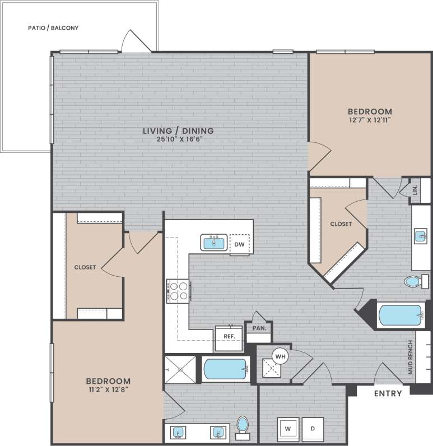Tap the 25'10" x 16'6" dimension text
178,140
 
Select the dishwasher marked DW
239,244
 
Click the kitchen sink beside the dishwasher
213,243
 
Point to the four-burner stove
179,291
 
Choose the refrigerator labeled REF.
229,337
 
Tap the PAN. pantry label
259,328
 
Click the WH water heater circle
280,355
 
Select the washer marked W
288,429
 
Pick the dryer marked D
313,429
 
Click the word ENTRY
388,393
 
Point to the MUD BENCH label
411,357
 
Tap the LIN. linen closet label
415,191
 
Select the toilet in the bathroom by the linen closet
413,282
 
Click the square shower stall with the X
180,370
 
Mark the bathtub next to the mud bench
401,315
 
